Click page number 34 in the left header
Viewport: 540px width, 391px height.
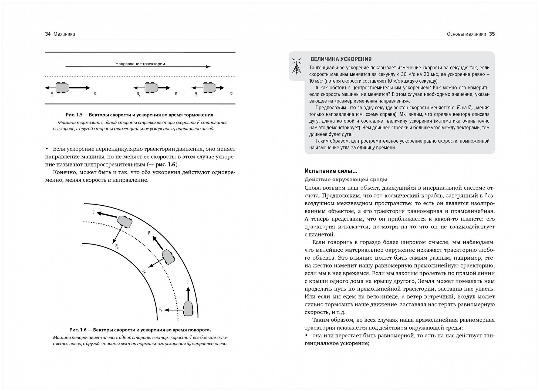[48, 34]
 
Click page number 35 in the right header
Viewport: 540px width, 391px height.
[492, 34]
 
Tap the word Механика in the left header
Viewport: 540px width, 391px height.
[64, 34]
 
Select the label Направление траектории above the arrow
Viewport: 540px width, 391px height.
[140, 64]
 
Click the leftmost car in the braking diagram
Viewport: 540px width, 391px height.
[62, 88]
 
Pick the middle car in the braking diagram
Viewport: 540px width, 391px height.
[151, 88]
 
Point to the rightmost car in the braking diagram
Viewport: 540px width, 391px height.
[209, 88]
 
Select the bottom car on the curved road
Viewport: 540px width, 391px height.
[188, 308]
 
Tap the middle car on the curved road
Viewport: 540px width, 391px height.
[168, 256]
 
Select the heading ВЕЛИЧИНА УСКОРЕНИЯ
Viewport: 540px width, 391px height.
[341, 59]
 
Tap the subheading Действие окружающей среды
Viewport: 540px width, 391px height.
[346, 179]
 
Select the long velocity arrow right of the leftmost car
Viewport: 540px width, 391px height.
[80, 88]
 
